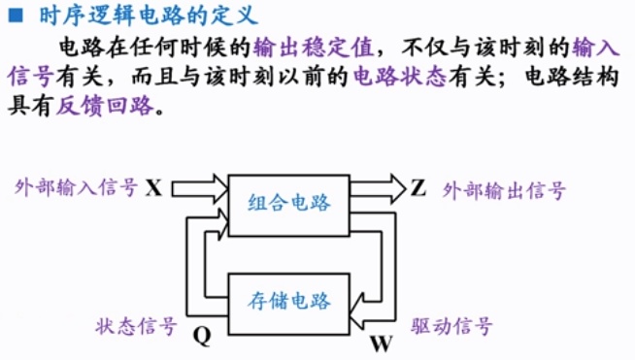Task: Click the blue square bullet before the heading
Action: [x=14, y=15]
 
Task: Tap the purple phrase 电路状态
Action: [x=398, y=78]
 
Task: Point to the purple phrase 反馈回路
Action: [x=104, y=108]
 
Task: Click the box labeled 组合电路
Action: [x=288, y=204]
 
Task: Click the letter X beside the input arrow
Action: [x=153, y=187]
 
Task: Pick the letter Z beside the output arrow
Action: [x=418, y=187]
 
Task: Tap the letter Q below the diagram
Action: [x=202, y=336]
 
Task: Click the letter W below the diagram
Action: [x=382, y=343]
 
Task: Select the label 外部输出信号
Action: [x=503, y=189]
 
